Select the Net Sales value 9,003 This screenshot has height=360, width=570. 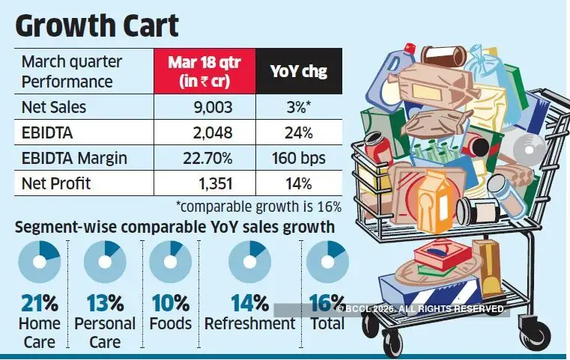[x=214, y=107]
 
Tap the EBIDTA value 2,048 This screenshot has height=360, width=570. [x=214, y=132]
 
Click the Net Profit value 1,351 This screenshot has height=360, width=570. [x=214, y=183]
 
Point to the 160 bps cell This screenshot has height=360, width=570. [x=299, y=158]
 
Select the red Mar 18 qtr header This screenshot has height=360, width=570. [x=204, y=71]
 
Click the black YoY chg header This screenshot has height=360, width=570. [x=299, y=71]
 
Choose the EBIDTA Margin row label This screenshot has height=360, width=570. [x=73, y=158]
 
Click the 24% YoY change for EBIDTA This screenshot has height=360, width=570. [x=299, y=132]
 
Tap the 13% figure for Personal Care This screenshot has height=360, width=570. [x=105, y=303]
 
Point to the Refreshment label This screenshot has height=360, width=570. [x=250, y=323]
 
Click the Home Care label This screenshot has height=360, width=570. [x=38, y=332]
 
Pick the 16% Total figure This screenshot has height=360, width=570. [x=327, y=303]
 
